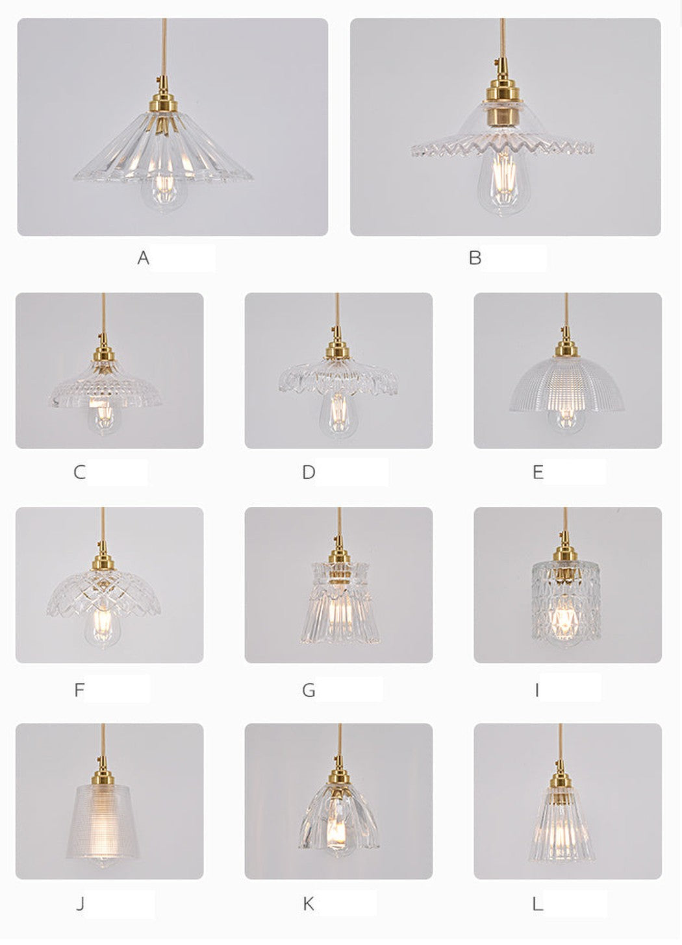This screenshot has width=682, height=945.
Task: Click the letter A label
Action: (x=143, y=257)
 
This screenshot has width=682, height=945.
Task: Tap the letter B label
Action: (x=475, y=257)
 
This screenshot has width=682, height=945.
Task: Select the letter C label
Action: (x=79, y=472)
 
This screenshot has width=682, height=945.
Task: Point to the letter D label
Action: (x=309, y=472)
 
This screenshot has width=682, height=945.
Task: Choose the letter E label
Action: (x=538, y=472)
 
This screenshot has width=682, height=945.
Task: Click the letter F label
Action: (x=79, y=690)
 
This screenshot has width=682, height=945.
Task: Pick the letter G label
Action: (x=309, y=690)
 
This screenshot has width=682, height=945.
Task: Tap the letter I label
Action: (x=537, y=690)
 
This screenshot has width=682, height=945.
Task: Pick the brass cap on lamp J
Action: (x=103, y=776)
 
